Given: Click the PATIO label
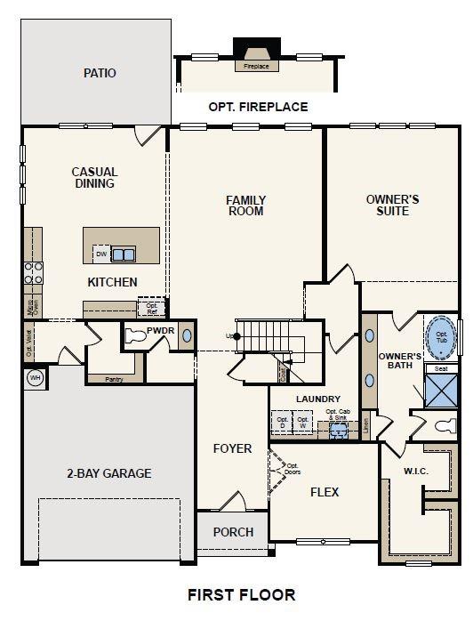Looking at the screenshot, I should coord(100,73).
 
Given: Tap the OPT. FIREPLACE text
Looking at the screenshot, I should coord(258,107).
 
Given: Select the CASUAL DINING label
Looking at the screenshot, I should coord(95,178).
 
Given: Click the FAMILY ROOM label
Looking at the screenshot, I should coord(245,206).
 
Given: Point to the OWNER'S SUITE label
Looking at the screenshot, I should coord(392,206).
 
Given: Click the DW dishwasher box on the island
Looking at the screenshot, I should coord(101,254).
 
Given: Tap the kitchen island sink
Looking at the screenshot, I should coord(123,254).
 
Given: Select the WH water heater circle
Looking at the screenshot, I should coord(36,377).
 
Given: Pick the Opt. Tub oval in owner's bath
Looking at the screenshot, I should coord(442,337).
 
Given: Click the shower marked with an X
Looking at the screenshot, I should coord(441,390).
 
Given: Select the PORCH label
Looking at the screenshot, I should coord(232,532).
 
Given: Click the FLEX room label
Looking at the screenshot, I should coord(324,492).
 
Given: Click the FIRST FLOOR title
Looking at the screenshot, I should coord(241,594).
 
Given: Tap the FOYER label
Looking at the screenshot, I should coord(232,448).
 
